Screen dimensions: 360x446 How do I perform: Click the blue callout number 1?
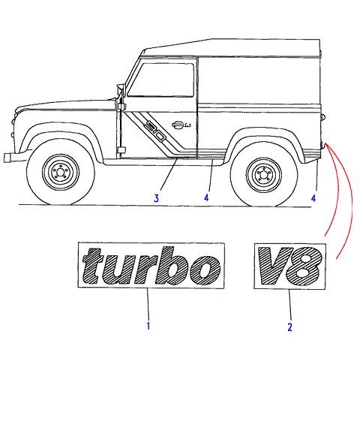(148, 325)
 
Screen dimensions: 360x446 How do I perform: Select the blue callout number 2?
(289, 327)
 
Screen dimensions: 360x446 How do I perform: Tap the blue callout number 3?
(156, 198)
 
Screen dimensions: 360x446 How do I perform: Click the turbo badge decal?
(151, 265)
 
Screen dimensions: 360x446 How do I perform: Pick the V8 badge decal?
(289, 267)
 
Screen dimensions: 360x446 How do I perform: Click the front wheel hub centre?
(60, 173)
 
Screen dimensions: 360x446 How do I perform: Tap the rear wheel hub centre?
(264, 174)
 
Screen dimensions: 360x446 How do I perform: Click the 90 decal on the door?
(155, 131)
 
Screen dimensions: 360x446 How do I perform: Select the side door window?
(160, 80)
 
